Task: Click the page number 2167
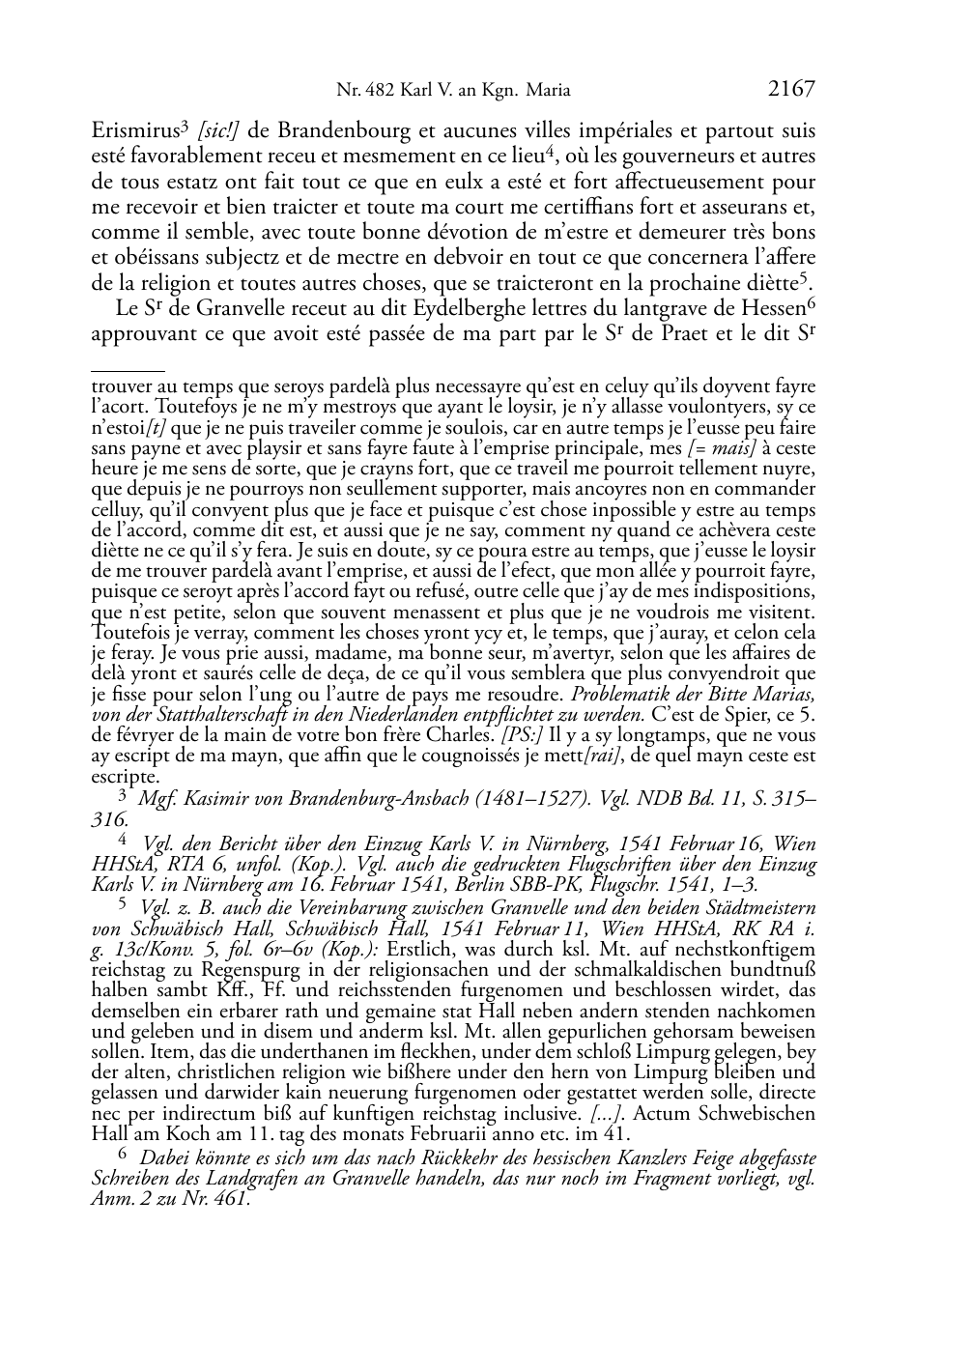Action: pyautogui.click(x=791, y=90)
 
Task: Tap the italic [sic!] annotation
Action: pyautogui.click(x=214, y=130)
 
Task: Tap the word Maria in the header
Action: pyautogui.click(x=549, y=92)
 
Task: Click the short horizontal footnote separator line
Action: pyautogui.click(x=128, y=368)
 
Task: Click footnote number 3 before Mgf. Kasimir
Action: pyautogui.click(x=123, y=794)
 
